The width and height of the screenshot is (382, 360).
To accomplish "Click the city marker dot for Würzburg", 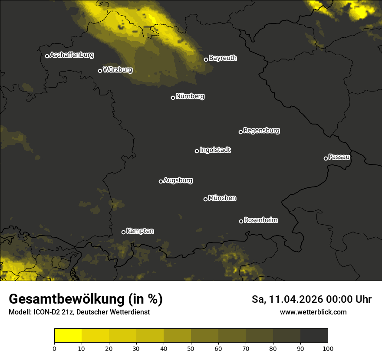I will (100, 71).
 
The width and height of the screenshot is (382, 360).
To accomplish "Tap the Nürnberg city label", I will (190, 96).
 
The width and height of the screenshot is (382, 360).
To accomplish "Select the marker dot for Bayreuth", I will (206, 59).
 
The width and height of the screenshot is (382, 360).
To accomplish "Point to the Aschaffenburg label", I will (72, 55).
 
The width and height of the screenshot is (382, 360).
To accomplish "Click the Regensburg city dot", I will (240, 132).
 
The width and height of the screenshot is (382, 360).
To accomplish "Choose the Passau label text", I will (339, 157).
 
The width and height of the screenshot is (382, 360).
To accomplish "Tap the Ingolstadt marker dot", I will (197, 151).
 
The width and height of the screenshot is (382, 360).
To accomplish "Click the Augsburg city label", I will (178, 180).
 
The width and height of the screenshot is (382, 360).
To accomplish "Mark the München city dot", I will (205, 199).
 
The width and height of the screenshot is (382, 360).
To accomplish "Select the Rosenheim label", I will (260, 220).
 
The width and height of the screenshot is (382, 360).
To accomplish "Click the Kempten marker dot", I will (123, 232).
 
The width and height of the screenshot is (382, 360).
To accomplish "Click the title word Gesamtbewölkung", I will (65, 299).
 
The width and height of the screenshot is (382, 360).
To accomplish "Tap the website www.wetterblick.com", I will (313, 312).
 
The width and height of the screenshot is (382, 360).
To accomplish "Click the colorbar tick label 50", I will (191, 348).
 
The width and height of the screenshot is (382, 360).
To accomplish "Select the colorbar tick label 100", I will (328, 348).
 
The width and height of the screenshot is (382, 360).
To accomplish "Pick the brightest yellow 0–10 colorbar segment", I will (68, 335).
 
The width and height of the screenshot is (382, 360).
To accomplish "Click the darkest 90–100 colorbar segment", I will (314, 335).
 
